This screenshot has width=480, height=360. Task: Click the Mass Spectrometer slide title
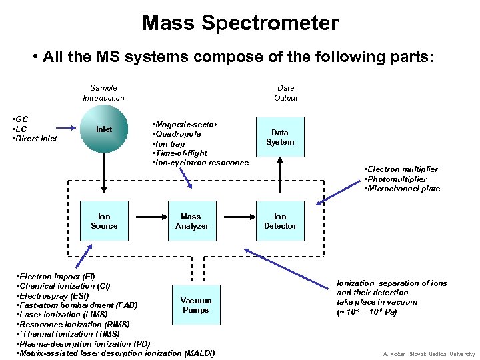[x=240, y=23]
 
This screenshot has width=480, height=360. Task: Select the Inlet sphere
[x=103, y=129]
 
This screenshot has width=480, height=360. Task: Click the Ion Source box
[x=103, y=221]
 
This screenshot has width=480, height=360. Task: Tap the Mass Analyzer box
[x=192, y=221]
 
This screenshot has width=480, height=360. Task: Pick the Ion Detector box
[x=280, y=221]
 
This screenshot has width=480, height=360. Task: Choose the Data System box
[x=280, y=137]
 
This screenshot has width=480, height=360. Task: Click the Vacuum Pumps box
[x=195, y=305]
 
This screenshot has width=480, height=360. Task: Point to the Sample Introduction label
[x=103, y=93]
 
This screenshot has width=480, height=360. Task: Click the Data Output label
[x=285, y=93]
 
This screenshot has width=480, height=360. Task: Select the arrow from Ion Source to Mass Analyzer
[x=147, y=216]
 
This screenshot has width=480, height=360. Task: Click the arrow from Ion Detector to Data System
[x=280, y=178]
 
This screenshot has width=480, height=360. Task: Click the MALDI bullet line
[x=116, y=353]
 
